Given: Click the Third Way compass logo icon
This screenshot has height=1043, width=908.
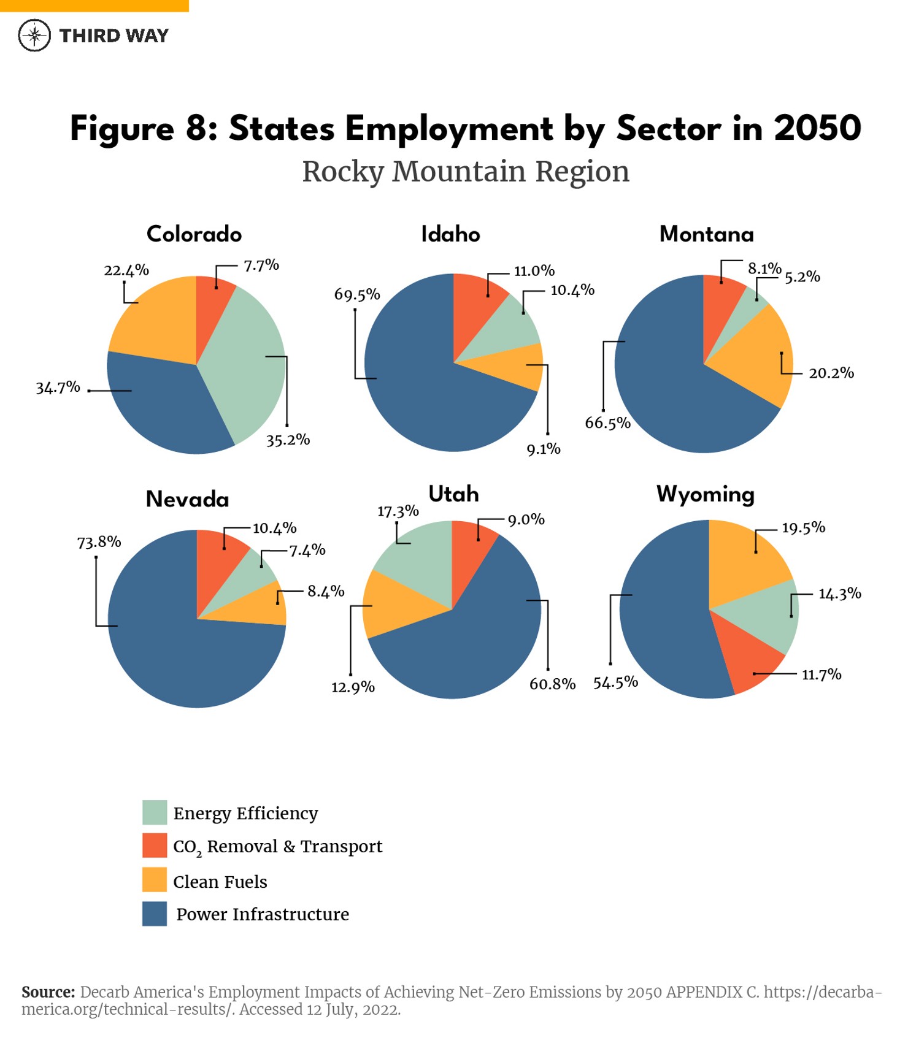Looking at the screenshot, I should tap(34, 36).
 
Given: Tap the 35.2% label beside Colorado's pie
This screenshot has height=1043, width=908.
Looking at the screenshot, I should tap(288, 440).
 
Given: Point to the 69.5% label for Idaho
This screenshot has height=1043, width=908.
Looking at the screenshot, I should tap(357, 295).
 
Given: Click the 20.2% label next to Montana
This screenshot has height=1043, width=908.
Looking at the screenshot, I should tap(831, 373).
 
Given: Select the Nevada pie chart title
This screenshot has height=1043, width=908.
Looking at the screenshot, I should tap(187, 499).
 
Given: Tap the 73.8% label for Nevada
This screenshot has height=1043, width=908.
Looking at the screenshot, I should tap(99, 542).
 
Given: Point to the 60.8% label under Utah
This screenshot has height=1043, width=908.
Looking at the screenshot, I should tap(552, 684).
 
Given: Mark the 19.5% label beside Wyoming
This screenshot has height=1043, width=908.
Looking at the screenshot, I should tap(803, 528).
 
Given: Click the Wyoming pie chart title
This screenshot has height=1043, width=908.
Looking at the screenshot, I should tap(706, 494).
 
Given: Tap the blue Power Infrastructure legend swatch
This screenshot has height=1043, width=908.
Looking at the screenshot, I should tap(154, 914).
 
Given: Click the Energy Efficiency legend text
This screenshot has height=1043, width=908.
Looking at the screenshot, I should tap(245, 813).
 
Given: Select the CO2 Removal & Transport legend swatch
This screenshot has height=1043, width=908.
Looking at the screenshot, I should tap(154, 845).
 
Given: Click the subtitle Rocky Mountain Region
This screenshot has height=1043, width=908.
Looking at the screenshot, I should tap(466, 171).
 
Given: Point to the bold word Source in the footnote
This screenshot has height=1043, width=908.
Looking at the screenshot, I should tap(48, 991).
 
